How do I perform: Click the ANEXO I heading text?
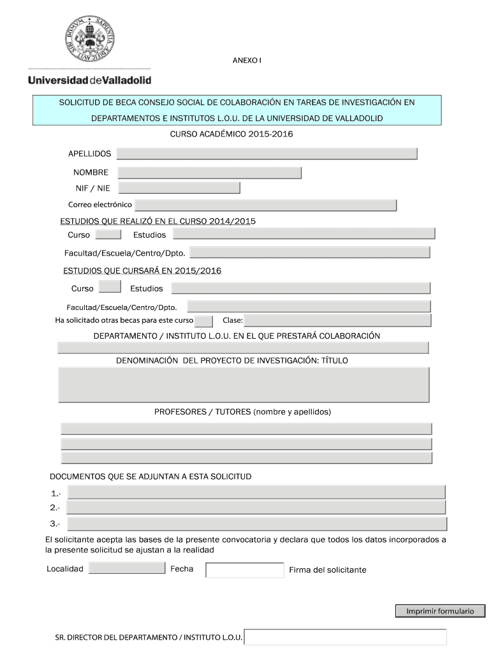pyautogui.click(x=247, y=61)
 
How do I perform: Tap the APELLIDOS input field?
pyautogui.click(x=267, y=154)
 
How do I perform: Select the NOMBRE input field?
pyautogui.click(x=209, y=173)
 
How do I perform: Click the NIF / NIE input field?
pyautogui.click(x=179, y=187)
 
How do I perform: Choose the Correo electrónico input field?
pyautogui.click(x=265, y=205)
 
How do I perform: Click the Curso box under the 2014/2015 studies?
pyautogui.click(x=117, y=235)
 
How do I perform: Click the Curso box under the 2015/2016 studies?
pyautogui.click(x=111, y=286)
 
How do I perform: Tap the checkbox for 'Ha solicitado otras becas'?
pyautogui.click(x=203, y=320)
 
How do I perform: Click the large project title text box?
pyautogui.click(x=244, y=385)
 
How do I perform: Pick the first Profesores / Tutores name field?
pyautogui.click(x=246, y=429)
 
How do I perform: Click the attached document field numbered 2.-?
pyautogui.click(x=256, y=508)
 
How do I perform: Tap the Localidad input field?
pyautogui.click(x=126, y=568)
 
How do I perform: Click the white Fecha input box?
pyautogui.click(x=244, y=570)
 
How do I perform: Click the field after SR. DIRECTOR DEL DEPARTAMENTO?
pyautogui.click(x=346, y=637)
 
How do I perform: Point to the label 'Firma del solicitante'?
pyautogui.click(x=327, y=570)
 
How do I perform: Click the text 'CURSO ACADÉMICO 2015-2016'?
pyautogui.click(x=231, y=134)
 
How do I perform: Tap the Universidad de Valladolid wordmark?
pyautogui.click(x=89, y=80)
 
